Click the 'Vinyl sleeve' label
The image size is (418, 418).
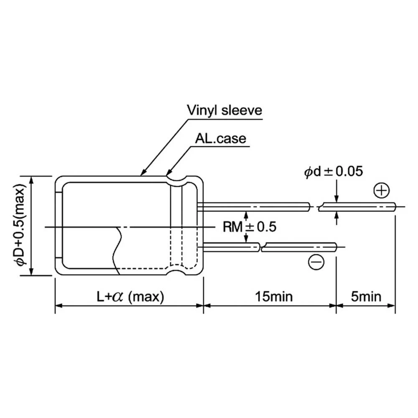pos(224,110)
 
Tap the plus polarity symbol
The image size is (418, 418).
pos(381,191)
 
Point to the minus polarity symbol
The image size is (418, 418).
pos(316,262)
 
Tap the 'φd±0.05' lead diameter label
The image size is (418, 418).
pos(334,172)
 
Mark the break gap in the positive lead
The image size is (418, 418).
pos(314,206)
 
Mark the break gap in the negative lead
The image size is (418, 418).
pos(261,248)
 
